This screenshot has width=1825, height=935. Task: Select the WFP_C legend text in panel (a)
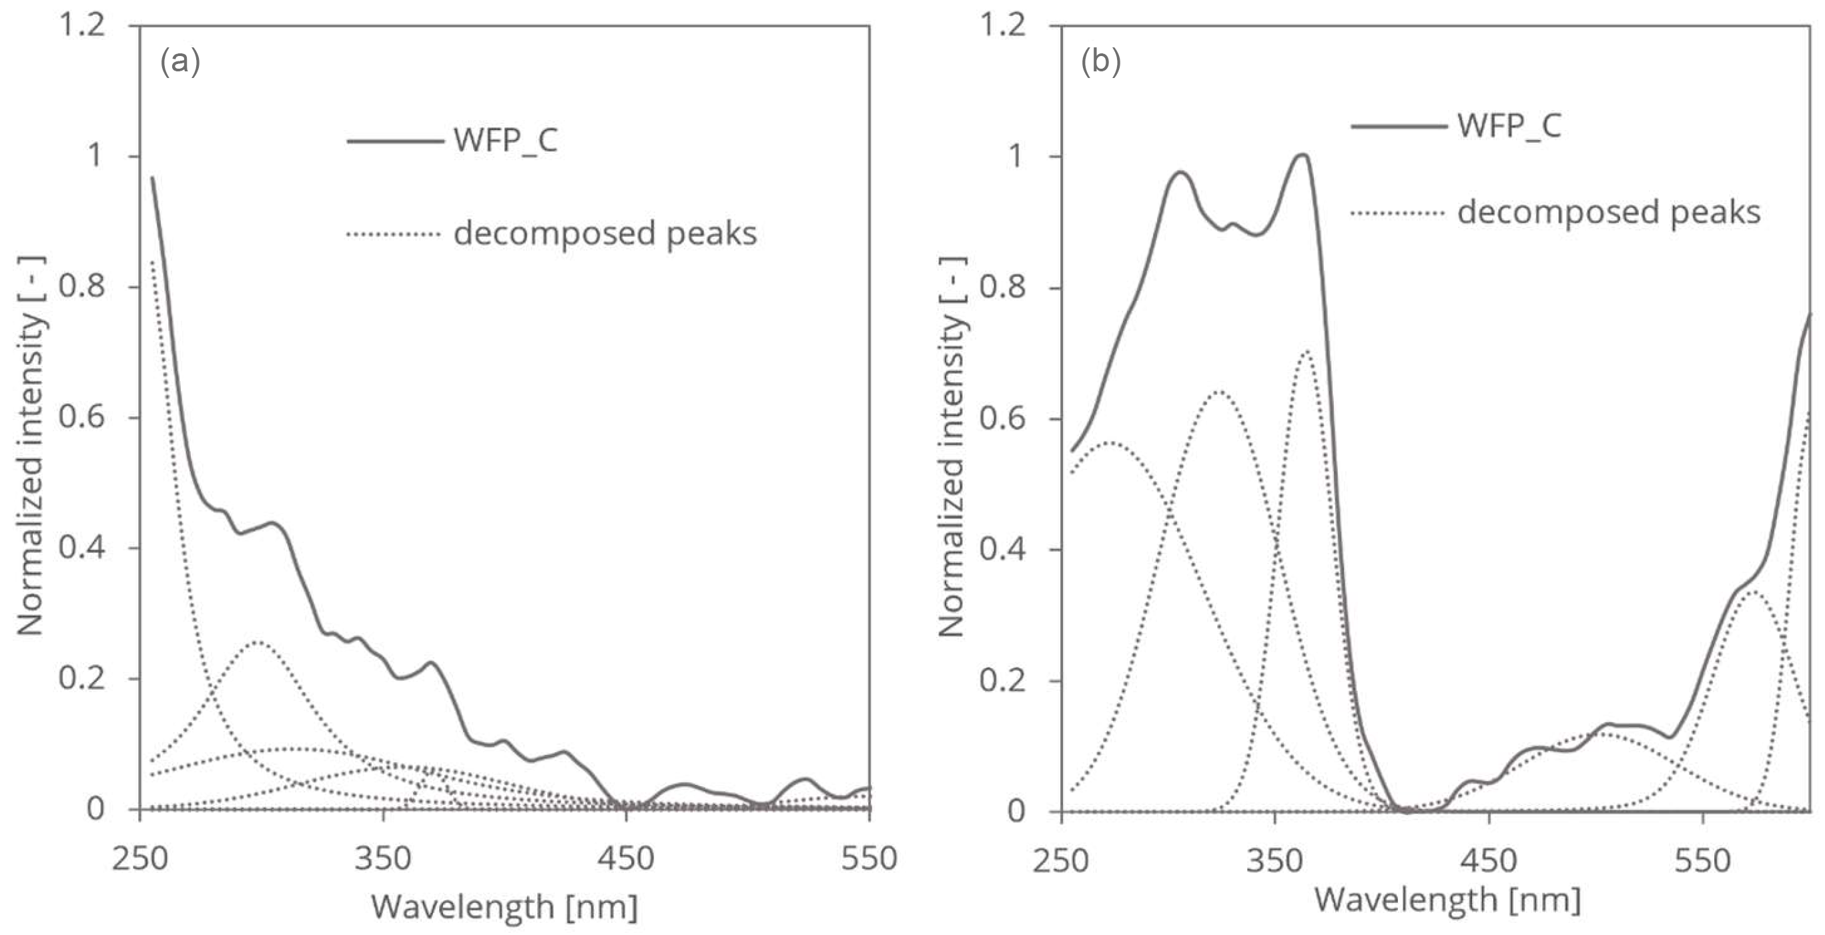coord(506,140)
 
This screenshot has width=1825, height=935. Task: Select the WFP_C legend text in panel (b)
coord(1509,126)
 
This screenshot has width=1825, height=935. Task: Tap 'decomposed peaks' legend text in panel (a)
coord(605,233)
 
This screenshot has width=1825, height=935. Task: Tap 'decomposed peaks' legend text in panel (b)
coord(1608,213)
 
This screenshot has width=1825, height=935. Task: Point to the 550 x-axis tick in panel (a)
coord(869,858)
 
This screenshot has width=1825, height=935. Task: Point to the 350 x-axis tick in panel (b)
coord(1274,860)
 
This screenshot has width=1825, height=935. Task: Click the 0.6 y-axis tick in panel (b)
coord(1002,419)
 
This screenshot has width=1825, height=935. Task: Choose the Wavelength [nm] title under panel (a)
coord(504,908)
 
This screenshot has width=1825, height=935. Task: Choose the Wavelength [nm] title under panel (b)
coord(1447,900)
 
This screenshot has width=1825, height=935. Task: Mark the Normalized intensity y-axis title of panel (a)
coord(31,446)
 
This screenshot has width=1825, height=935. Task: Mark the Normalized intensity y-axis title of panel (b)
coord(953,446)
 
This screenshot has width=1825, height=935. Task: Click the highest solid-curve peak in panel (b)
coord(1302,155)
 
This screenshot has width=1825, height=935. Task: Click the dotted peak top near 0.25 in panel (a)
coord(256,642)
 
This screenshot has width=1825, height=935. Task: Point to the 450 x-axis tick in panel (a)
coord(626,858)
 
